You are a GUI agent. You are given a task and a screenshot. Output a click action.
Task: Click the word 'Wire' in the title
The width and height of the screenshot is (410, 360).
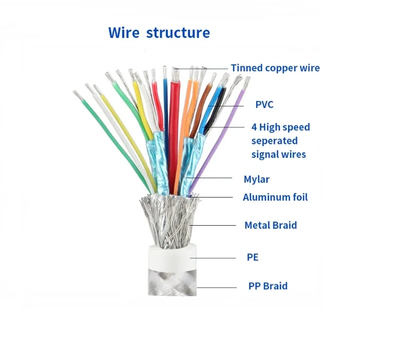click(x=124, y=33)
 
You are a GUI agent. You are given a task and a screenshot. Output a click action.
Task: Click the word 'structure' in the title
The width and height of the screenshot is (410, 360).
click(x=178, y=33)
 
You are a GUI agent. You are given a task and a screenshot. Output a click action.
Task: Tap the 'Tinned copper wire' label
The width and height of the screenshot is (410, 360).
click(x=275, y=68)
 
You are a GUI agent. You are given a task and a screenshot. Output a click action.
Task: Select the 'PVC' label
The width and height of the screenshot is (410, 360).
click(x=264, y=105)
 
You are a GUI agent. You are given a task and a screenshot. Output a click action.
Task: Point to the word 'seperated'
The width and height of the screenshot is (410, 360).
click(x=274, y=141)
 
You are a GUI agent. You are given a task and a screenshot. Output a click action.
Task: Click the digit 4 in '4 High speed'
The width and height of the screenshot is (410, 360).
click(x=254, y=127)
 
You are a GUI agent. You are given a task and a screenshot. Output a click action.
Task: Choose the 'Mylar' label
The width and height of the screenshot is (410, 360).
click(x=256, y=179)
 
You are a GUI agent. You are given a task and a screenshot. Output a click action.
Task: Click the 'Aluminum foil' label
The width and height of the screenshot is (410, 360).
click(x=275, y=197)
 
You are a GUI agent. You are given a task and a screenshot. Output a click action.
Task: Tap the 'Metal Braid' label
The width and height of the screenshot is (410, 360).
click(x=270, y=225)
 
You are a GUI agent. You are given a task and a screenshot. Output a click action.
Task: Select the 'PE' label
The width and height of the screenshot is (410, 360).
click(x=252, y=257)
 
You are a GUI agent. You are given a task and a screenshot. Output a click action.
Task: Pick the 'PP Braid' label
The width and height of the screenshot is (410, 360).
click(x=268, y=286)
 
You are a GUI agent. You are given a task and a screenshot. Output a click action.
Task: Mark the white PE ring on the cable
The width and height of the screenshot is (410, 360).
click(x=169, y=256)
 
